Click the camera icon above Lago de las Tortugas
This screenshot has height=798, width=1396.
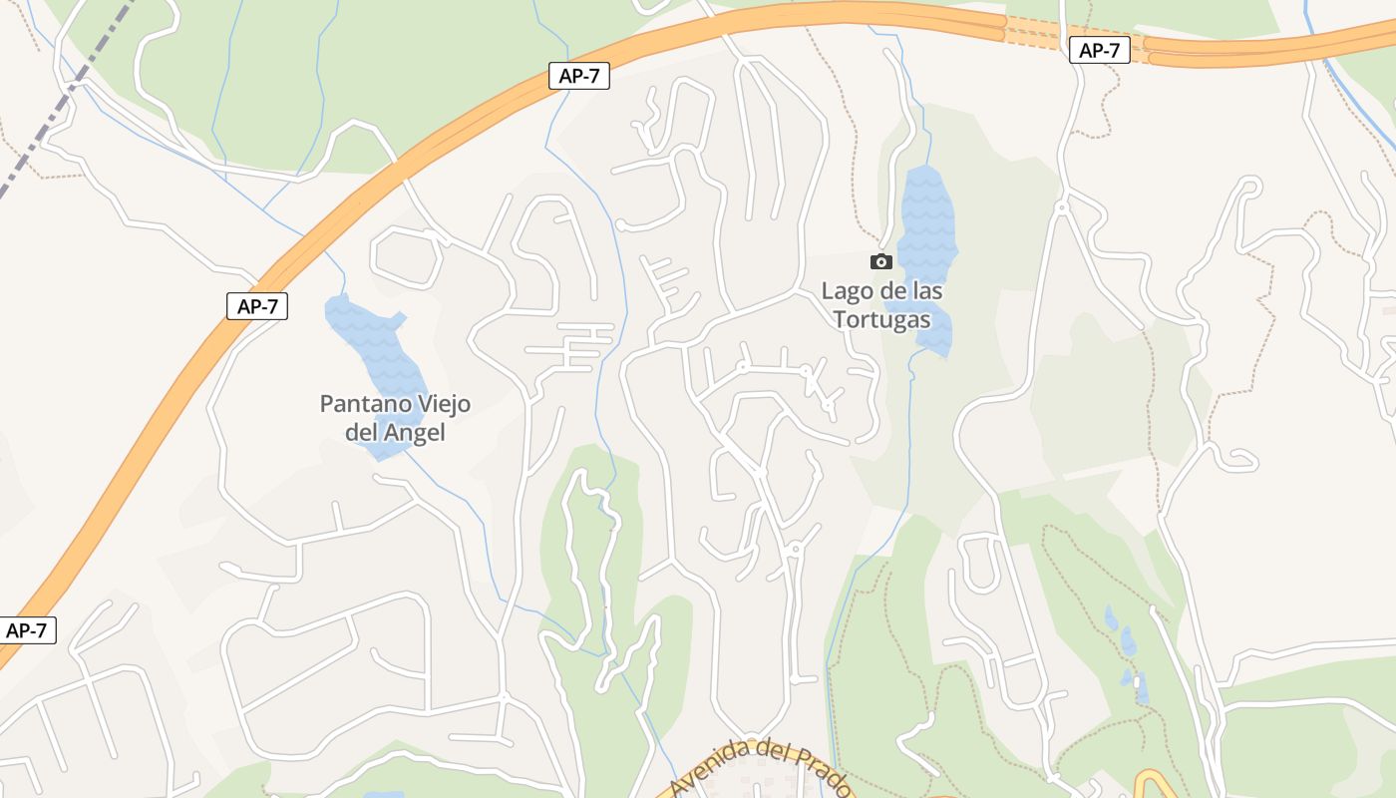tap(881, 261)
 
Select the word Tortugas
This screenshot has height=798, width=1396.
tap(881, 320)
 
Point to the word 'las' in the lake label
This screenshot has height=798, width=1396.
tap(926, 291)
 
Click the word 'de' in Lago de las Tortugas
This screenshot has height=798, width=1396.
tap(890, 291)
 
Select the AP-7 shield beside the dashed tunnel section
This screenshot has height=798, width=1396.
tap(1099, 51)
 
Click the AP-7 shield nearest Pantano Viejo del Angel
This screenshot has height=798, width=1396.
tap(257, 306)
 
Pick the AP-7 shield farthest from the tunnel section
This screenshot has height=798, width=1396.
tap(26, 630)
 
